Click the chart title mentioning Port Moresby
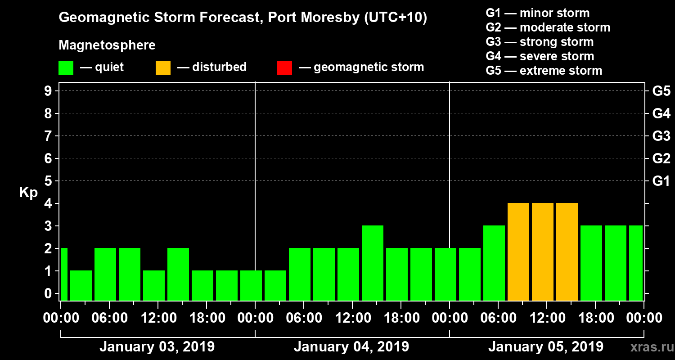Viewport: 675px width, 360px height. [x=243, y=18]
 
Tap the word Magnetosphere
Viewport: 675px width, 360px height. [x=107, y=45]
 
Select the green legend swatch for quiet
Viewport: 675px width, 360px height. [x=66, y=68]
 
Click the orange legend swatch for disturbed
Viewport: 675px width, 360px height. [x=163, y=68]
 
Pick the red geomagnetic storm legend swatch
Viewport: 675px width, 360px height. [x=284, y=68]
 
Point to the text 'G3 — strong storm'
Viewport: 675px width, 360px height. [x=540, y=42]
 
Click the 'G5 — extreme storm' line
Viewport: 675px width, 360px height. [x=544, y=71]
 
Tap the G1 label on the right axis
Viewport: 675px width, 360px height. [x=661, y=181]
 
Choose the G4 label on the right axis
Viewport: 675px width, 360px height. [x=661, y=113]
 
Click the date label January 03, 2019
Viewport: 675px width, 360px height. [x=157, y=347]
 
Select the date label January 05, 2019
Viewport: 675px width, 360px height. [x=545, y=347]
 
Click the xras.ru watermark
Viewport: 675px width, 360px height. [x=649, y=347]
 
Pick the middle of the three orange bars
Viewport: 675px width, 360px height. [x=543, y=252]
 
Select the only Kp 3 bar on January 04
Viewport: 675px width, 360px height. [x=373, y=263]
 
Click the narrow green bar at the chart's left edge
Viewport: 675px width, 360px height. [x=64, y=274]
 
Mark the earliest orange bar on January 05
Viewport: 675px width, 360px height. [x=518, y=252]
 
